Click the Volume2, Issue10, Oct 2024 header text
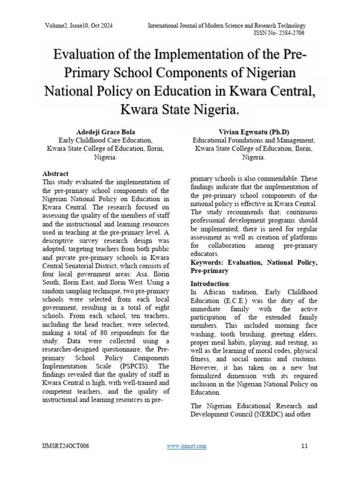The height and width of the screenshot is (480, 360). (x=79, y=25)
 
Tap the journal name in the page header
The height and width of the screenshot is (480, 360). (x=226, y=25)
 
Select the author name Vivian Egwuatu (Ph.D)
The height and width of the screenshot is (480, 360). (x=254, y=132)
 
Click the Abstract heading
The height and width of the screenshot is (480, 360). (x=55, y=174)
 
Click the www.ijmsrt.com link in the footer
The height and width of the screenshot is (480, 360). (x=187, y=446)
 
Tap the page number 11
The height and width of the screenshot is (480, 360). (x=304, y=446)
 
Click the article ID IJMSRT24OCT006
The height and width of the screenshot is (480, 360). (x=65, y=446)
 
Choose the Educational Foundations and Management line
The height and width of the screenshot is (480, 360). (x=254, y=140)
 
